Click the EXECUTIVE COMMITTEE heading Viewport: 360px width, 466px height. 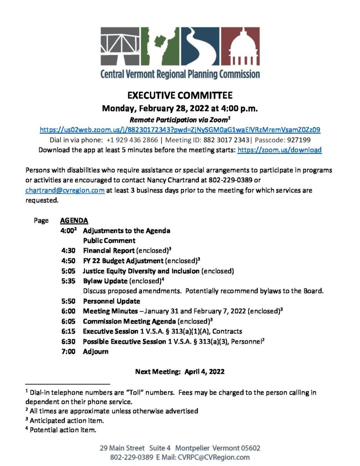click(180, 96)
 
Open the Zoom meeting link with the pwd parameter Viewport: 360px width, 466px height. click(180, 130)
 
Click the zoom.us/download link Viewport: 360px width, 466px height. click(279, 150)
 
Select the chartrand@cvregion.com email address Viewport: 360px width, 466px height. click(65, 191)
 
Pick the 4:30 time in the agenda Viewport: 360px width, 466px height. click(68, 251)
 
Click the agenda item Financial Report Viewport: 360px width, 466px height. click(108, 251)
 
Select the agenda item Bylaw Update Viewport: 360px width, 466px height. click(105, 281)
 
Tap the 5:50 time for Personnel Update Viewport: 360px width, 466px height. click(68, 301)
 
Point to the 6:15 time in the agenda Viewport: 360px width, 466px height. click(68, 331)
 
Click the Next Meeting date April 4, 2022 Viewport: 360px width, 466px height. click(204, 372)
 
